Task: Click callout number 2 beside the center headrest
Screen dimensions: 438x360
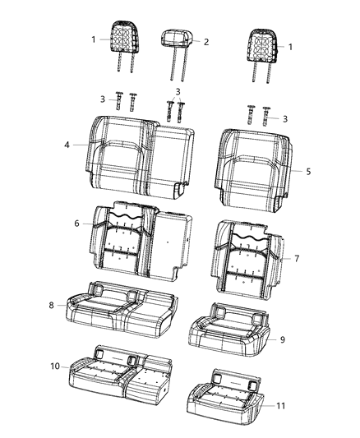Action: [206, 41]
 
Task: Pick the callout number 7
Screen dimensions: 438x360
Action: [297, 258]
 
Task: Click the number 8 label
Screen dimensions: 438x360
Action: [52, 305]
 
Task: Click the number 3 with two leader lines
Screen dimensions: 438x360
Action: [178, 91]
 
